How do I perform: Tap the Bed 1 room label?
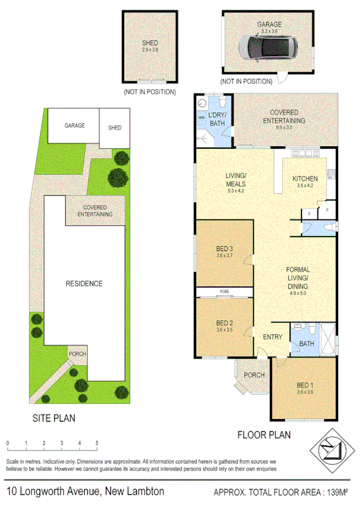pyautogui.click(x=305, y=385)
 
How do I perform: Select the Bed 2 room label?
pyautogui.click(x=225, y=323)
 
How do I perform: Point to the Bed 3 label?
pyautogui.click(x=225, y=249)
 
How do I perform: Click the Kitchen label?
pyautogui.click(x=305, y=178)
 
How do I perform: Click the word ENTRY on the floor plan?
pyautogui.click(x=272, y=337)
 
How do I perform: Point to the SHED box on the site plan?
pyautogui.click(x=114, y=128)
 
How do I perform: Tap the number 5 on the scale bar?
pyautogui.click(x=97, y=443)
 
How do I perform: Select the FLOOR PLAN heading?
pyautogui.click(x=264, y=434)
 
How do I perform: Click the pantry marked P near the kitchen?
pyautogui.click(x=327, y=211)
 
